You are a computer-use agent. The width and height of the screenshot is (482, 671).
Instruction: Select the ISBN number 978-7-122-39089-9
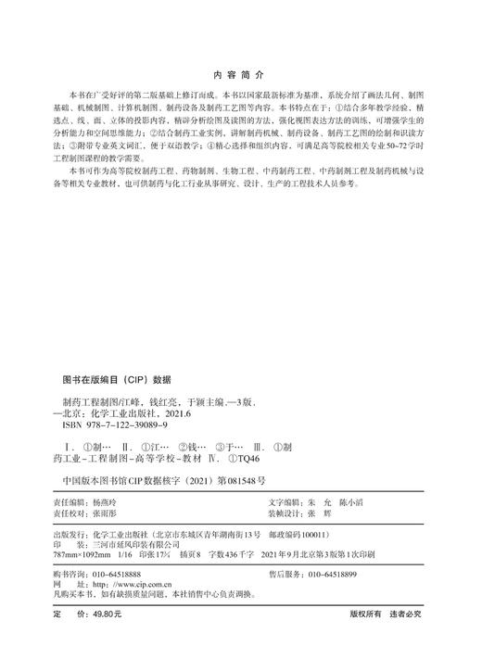pos(128,424)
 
